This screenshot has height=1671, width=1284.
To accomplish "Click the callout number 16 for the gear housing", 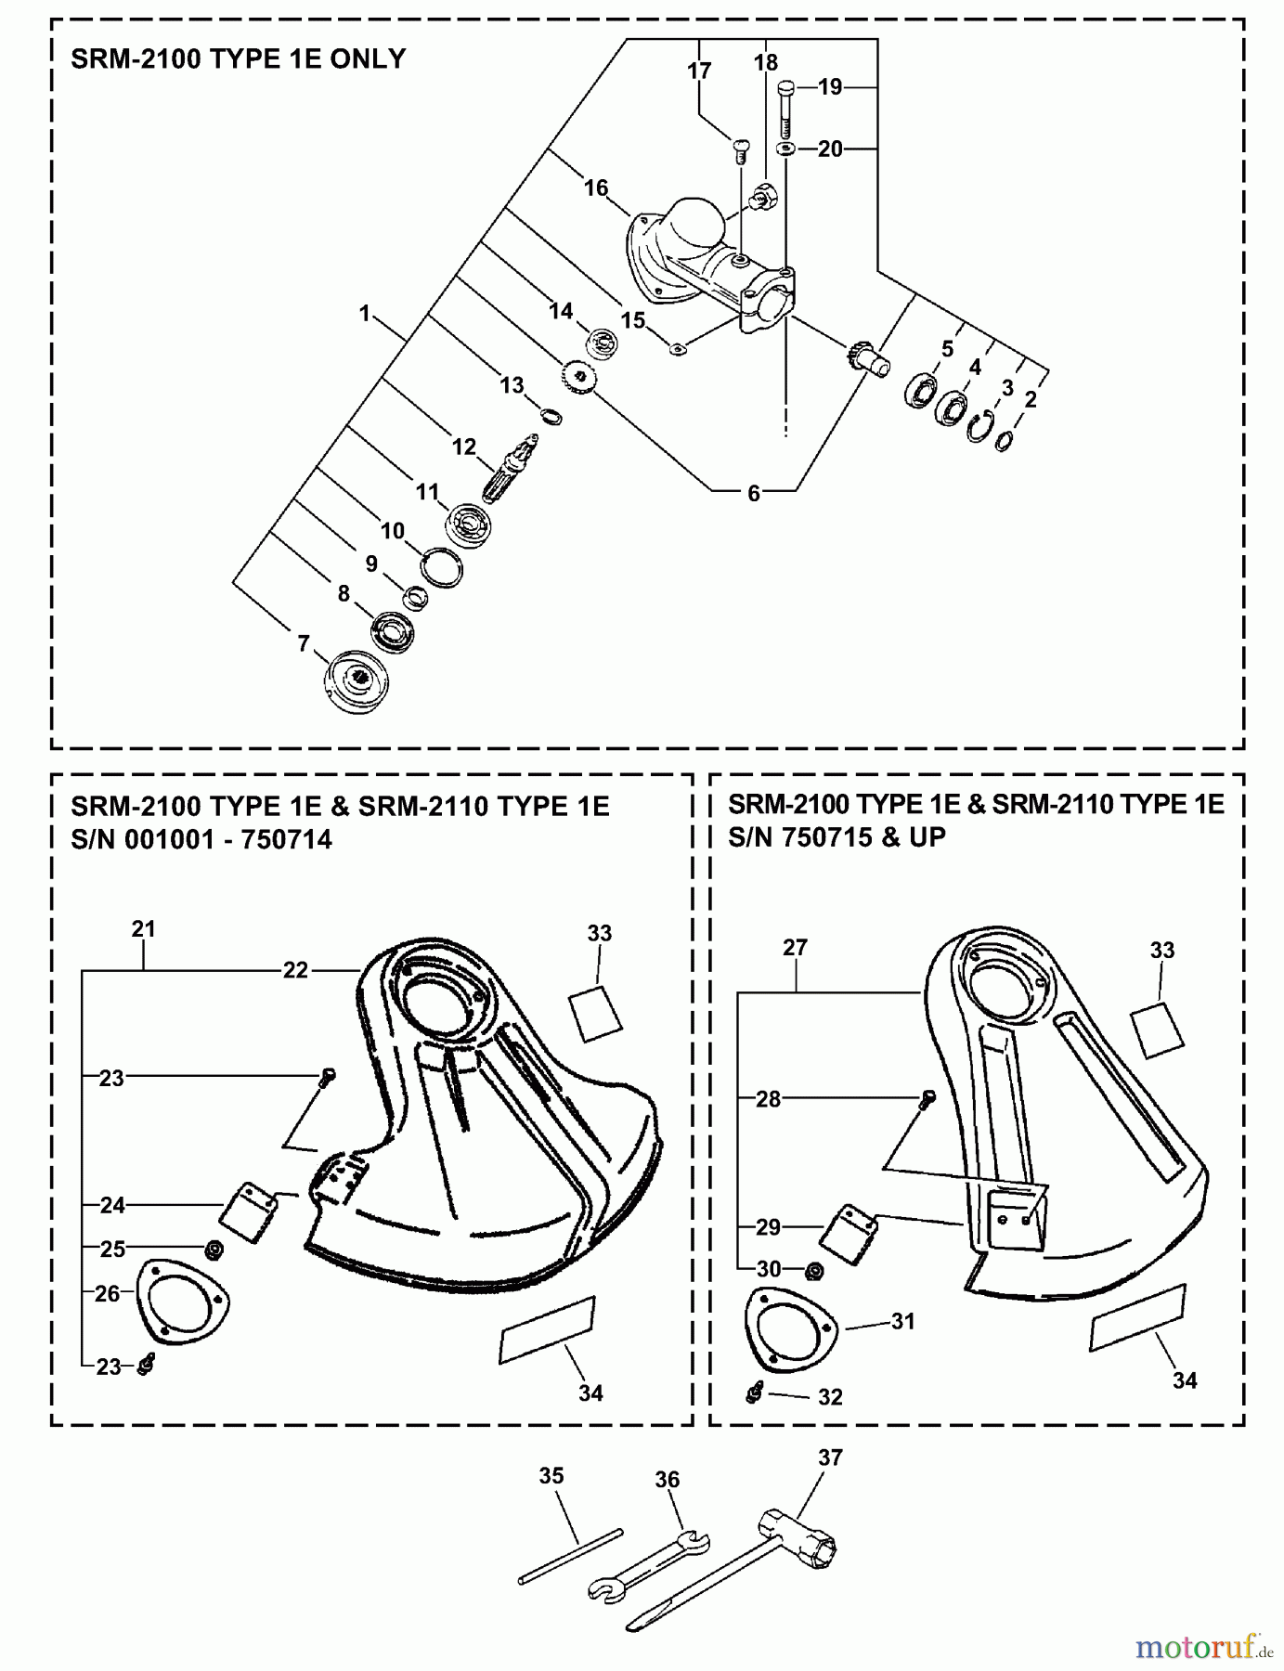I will click(595, 188).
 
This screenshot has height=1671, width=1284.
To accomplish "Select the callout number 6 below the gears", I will click(754, 494).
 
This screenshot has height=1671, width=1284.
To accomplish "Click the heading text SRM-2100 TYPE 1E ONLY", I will click(239, 59).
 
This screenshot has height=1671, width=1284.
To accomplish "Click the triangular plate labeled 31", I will click(790, 1328).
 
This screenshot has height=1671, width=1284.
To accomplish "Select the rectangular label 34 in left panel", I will click(546, 1330).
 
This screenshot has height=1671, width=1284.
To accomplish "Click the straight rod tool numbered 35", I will click(569, 1557).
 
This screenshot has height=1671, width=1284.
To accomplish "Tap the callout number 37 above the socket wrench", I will click(829, 1457).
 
